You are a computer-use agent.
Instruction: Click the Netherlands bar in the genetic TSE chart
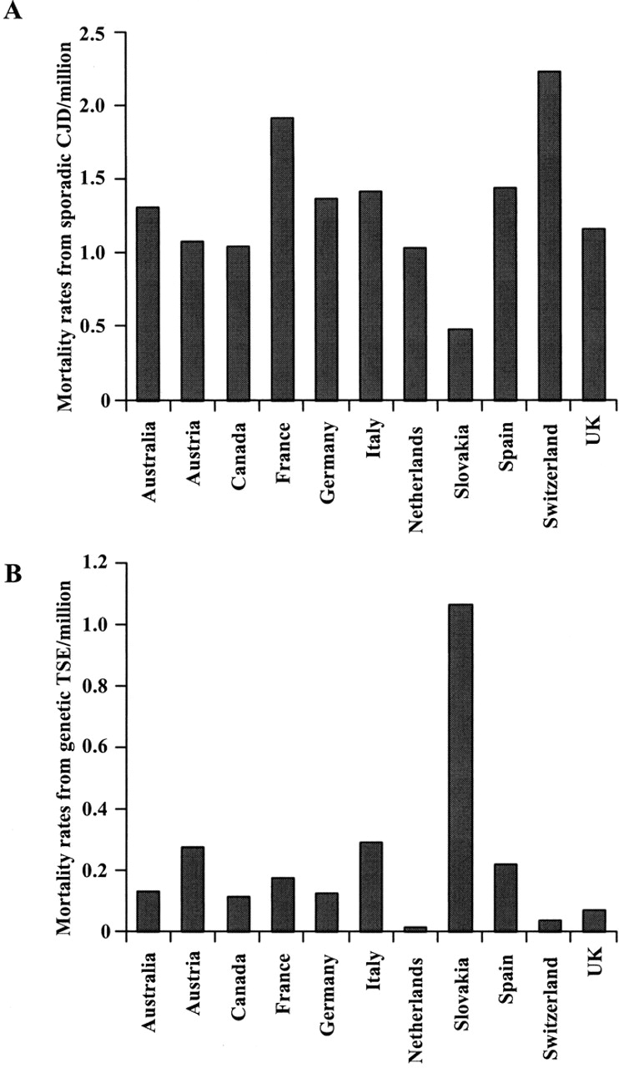click(x=415, y=929)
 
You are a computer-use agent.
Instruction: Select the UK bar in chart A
click(x=594, y=314)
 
